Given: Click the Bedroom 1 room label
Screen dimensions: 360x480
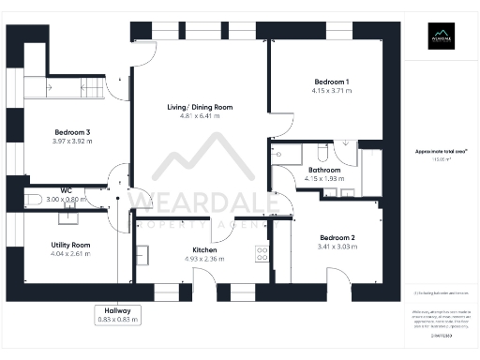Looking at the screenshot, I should pos(332,82).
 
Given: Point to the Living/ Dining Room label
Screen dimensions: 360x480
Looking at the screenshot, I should pos(199,108).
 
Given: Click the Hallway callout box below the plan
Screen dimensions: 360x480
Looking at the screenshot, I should pos(117,315).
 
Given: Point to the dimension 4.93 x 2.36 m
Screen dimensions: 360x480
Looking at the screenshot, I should pos(205,260).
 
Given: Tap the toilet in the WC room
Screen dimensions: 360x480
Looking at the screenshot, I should pos(32,199).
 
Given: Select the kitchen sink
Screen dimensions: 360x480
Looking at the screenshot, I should pos(142,254).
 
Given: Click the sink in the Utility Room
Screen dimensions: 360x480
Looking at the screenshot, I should pos(67,218).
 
